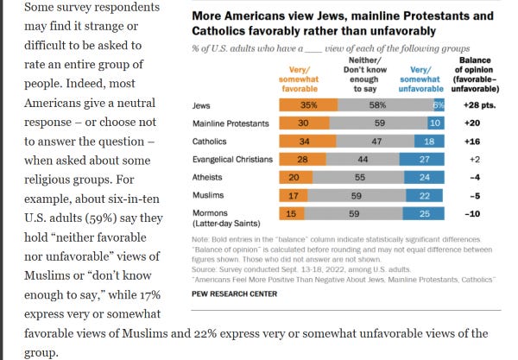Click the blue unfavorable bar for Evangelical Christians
tap(423, 159)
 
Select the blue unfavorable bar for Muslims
tap(425, 194)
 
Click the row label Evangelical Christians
tap(232, 159)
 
